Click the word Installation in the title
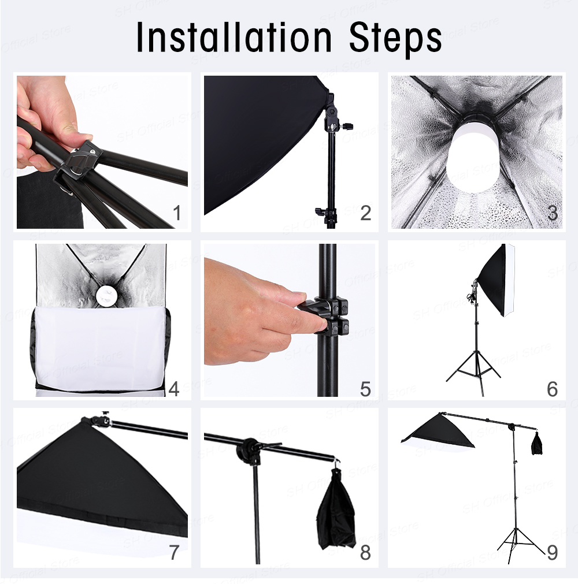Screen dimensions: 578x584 (x=234, y=37)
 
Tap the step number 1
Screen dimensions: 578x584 (x=177, y=213)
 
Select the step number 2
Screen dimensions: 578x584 (x=365, y=213)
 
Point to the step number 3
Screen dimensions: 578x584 (x=553, y=213)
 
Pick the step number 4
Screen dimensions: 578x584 (x=174, y=389)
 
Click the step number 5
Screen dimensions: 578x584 (x=365, y=389)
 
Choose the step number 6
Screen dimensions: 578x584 (x=553, y=389)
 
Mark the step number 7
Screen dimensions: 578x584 (x=175, y=553)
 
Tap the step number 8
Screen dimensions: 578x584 (x=365, y=553)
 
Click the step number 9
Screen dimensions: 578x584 (x=553, y=553)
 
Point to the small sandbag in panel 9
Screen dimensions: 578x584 (x=536, y=443)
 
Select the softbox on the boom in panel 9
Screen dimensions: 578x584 (x=438, y=432)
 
